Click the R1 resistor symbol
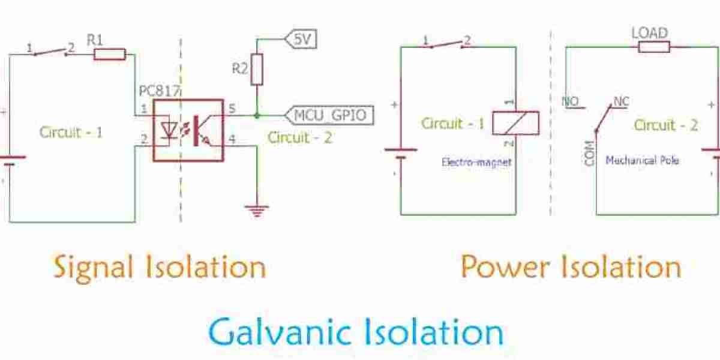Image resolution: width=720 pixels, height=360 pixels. tap(110, 55)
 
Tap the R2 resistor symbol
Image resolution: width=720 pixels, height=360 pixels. tap(257, 69)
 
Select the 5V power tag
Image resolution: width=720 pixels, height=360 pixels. tap(301, 40)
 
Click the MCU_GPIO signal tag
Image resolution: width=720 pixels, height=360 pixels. tap(331, 114)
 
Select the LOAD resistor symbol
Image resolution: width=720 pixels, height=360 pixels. tap(653, 46)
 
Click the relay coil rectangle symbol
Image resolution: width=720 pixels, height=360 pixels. tap(515, 122)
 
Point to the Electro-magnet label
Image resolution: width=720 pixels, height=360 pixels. tap(476, 162)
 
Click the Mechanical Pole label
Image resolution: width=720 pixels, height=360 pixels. tap(642, 161)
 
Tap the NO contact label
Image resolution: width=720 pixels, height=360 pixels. tap(570, 101)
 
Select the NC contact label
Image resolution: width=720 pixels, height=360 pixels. tap(620, 101)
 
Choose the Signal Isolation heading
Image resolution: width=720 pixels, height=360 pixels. tap(160, 267)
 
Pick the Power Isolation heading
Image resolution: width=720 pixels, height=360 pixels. tap(571, 267)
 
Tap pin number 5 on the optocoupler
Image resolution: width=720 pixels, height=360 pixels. tap(232, 109)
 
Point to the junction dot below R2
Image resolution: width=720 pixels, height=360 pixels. tap(257, 114)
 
